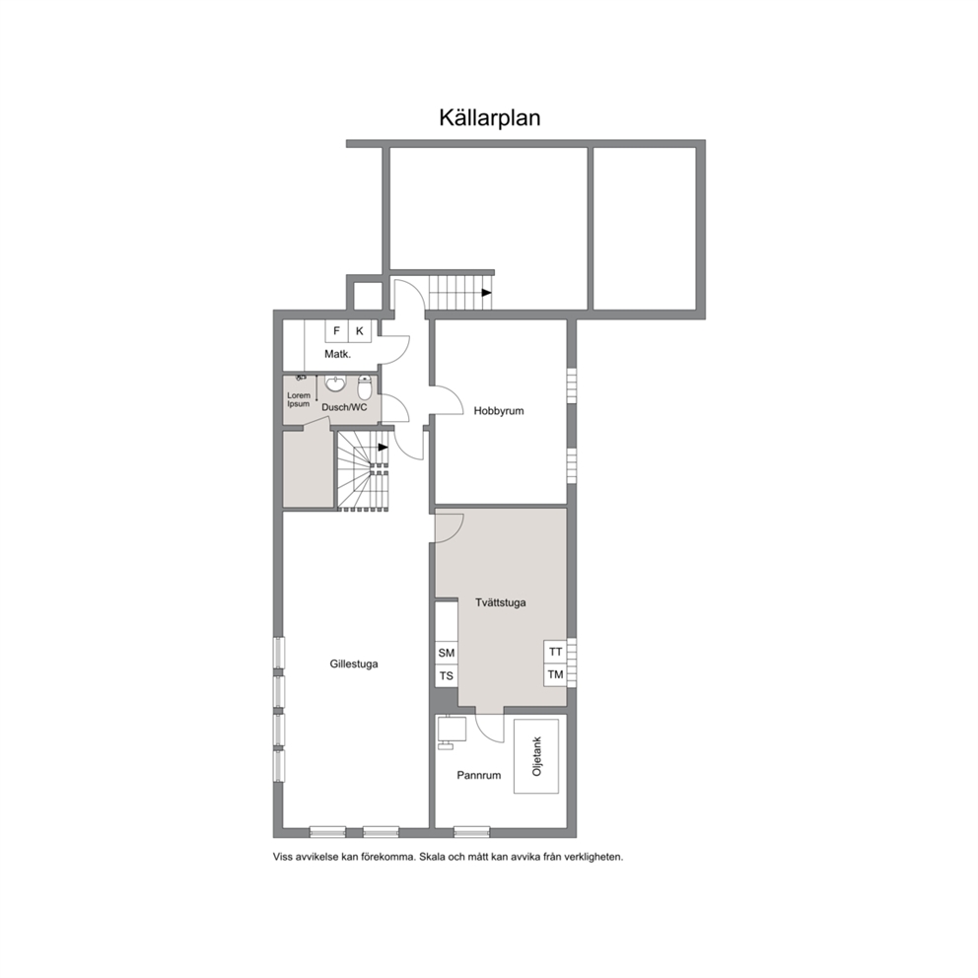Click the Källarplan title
tap(490, 118)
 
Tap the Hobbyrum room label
tap(498, 411)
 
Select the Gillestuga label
tap(354, 664)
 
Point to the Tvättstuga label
tap(500, 602)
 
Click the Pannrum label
tap(479, 775)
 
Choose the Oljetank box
tap(536, 756)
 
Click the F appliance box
tap(337, 331)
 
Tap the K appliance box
tap(360, 331)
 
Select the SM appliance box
tap(447, 653)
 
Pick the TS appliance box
tap(447, 676)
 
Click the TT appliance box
tap(555, 652)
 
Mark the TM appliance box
tap(555, 675)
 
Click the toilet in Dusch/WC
tap(365, 387)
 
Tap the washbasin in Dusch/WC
tap(335, 383)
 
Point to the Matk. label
tap(337, 354)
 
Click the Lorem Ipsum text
tap(298, 400)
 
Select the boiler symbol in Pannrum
tap(452, 731)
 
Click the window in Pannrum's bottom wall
tap(471, 832)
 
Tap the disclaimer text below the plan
tap(448, 857)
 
